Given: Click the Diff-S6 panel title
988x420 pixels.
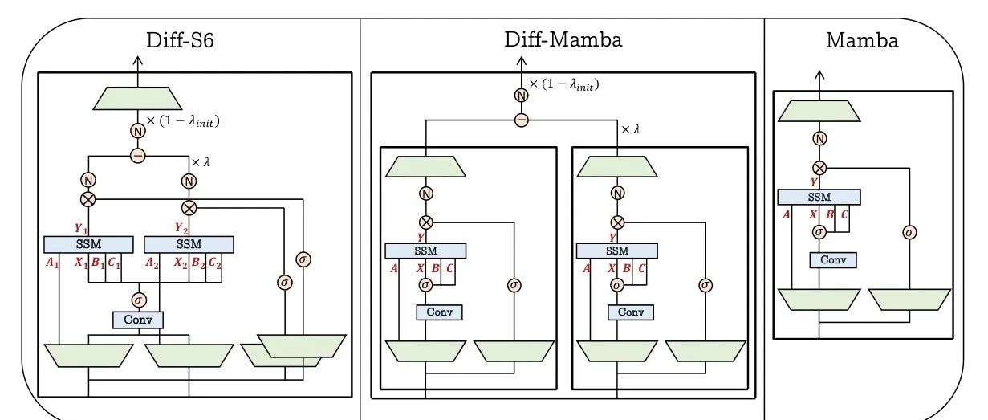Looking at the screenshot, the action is click(180, 40).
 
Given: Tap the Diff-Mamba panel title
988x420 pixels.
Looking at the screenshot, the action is click(563, 39).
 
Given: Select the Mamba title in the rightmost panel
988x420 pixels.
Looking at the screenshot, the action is click(862, 41).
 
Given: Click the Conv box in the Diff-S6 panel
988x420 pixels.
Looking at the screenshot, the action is click(138, 320).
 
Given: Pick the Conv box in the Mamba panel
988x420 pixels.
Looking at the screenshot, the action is click(833, 260).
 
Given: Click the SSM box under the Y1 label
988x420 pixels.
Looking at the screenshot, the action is click(88, 244).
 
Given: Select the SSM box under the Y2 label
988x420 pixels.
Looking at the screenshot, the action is click(189, 244).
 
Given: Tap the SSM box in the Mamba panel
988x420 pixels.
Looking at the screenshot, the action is click(819, 198).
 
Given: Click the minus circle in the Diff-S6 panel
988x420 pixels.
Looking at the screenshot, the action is click(138, 156).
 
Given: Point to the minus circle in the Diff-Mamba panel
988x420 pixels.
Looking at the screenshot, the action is click(522, 120).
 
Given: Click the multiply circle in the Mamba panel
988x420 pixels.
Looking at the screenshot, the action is click(819, 168).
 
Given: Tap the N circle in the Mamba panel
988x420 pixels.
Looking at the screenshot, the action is click(819, 139).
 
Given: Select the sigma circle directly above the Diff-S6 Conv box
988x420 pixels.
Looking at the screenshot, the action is click(139, 300).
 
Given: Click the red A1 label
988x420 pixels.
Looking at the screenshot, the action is click(52, 263).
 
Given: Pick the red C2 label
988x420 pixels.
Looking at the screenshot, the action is click(215, 263).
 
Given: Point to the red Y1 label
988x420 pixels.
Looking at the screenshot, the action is click(81, 229).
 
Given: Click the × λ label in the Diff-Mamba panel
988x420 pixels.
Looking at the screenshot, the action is click(630, 129).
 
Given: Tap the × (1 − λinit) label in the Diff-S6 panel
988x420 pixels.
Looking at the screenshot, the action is click(183, 121).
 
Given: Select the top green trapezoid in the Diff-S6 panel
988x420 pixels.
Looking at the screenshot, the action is click(137, 99).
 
